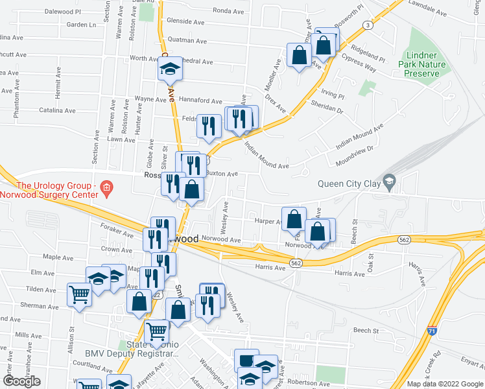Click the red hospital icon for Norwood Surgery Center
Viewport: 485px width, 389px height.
click(108, 189)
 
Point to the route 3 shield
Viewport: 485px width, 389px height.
click(368, 25)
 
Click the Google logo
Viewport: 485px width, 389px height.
click(21, 381)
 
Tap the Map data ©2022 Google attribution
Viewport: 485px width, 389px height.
click(444, 384)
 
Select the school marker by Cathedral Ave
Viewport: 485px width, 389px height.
click(170, 69)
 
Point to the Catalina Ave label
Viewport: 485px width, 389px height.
click(58, 111)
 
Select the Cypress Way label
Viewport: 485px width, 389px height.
click(361, 67)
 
